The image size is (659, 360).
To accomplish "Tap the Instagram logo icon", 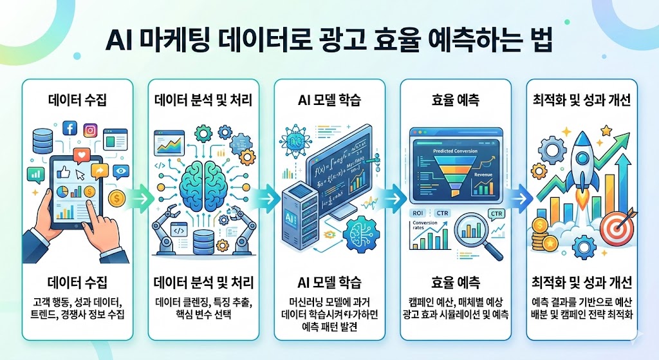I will tap(91, 130).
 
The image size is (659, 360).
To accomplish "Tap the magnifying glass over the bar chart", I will tap(476, 231).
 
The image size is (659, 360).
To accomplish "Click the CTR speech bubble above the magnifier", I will tap(496, 214).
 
